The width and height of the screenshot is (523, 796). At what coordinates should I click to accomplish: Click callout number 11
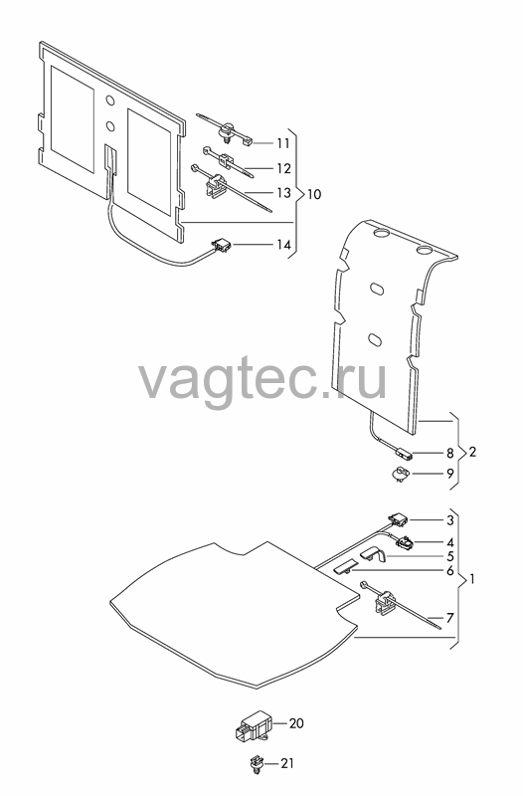[x=283, y=143]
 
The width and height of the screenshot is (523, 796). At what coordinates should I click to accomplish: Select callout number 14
[x=283, y=245]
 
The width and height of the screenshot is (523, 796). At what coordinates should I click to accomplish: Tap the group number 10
[x=314, y=194]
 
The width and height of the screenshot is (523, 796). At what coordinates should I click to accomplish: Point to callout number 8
[x=449, y=454]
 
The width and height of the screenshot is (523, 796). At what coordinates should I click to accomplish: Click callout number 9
[x=450, y=474]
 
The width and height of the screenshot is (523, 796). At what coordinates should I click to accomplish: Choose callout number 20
[x=296, y=723]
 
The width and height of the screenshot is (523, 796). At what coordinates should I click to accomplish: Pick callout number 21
[x=287, y=763]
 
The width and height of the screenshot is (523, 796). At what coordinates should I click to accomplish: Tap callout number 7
[x=449, y=618]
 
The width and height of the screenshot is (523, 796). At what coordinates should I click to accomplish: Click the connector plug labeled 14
[x=222, y=246]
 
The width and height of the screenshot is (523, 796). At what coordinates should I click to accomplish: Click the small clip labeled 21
[x=259, y=765]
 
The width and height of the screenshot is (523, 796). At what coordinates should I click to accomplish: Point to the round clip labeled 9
[x=401, y=475]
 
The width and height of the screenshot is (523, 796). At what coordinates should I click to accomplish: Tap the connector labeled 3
[x=398, y=519]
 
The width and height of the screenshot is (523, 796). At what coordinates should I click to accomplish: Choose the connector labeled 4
[x=405, y=542]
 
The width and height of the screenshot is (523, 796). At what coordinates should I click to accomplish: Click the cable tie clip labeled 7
[x=386, y=602]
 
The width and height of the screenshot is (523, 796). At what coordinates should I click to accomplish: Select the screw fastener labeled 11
[x=225, y=130]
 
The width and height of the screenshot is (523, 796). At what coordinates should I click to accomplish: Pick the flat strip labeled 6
[x=343, y=567]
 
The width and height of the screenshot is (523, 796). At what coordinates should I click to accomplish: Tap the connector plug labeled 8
[x=403, y=453]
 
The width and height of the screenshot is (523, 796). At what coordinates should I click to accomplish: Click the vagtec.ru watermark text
[x=262, y=379]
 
